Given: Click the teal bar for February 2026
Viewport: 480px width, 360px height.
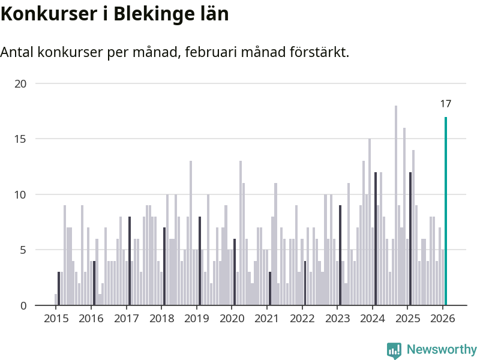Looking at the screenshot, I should point(446,211).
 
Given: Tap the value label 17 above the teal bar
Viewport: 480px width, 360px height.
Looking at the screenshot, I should point(446,104).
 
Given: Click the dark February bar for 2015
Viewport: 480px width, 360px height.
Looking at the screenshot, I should point(59,289).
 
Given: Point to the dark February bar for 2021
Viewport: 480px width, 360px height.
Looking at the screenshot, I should point(270,289).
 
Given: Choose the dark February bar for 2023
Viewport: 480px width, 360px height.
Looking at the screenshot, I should point(340,256).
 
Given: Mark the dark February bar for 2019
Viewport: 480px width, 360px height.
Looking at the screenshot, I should point(200,261).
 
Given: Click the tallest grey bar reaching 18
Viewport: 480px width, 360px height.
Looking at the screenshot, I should point(396,205).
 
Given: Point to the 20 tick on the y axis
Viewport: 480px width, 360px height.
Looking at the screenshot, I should point(21,83).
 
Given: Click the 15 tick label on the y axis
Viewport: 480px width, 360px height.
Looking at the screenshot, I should point(21,139).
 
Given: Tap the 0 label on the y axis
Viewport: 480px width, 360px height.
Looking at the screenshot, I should point(23,305).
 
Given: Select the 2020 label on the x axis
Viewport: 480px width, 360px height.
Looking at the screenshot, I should point(232,318).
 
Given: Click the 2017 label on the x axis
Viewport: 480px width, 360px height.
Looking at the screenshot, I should point(126,318).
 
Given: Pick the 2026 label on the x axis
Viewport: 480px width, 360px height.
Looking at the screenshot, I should point(443,318).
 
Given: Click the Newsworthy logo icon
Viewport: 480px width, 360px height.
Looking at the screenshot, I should point(394,350).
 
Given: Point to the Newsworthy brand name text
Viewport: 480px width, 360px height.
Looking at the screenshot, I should point(442,350).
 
